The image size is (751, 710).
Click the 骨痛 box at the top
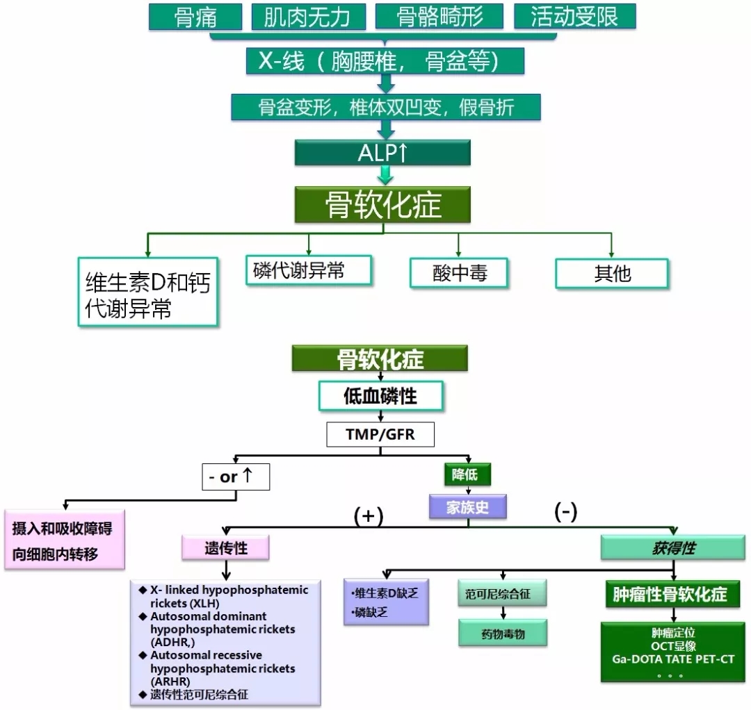coord(195,17)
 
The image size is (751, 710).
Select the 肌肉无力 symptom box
coord(307,17)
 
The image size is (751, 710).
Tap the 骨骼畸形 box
coord(439,17)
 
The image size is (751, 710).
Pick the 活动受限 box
coord(574,17)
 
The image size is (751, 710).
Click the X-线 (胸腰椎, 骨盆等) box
coord(385,62)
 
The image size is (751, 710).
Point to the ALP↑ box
coord(382,153)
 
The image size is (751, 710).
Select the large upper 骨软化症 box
coord(383,205)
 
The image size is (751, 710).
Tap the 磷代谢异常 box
coord(309,270)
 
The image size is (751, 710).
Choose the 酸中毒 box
coord(459,274)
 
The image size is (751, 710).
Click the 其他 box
coord(612,274)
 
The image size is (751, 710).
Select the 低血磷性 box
coord(380,397)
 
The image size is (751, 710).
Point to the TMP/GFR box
coord(380,435)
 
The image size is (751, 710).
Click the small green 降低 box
coord(467,474)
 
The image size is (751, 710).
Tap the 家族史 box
coord(467,506)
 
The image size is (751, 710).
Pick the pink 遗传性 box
coord(225,548)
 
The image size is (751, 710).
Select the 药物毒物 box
coord(503,634)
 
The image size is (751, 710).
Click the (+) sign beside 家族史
coord(369,515)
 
